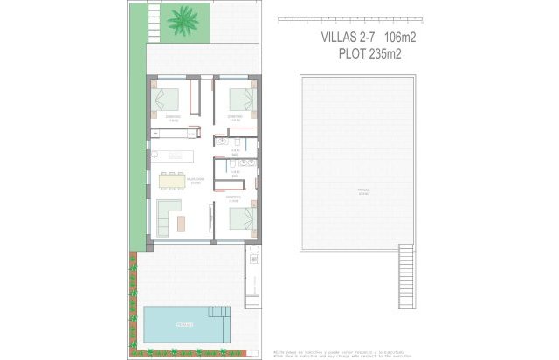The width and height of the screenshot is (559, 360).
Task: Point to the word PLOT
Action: [354, 52]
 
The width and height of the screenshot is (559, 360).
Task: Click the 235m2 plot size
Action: [393, 52]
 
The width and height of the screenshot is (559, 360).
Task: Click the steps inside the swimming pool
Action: [219, 315]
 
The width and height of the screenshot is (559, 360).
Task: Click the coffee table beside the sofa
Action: [182, 223]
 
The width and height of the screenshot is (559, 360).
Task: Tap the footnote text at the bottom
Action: [328, 352]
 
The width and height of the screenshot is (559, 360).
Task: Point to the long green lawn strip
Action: [137, 131]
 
